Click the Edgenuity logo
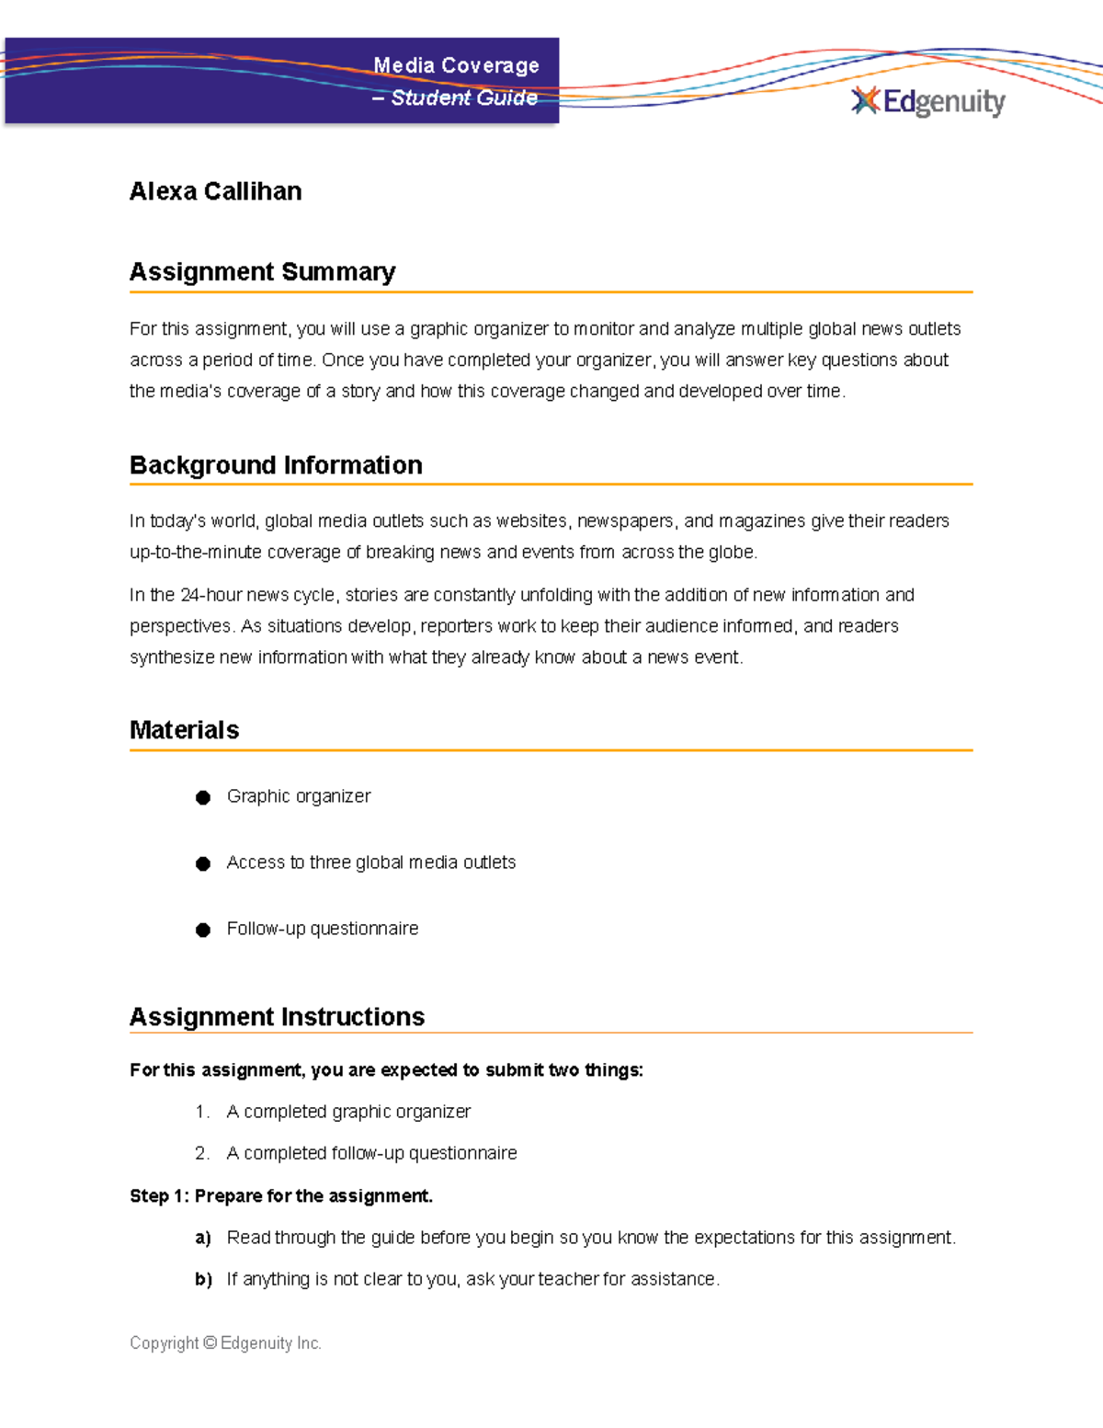point(928,101)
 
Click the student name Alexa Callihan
point(215,191)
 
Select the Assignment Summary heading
point(262,272)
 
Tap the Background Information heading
point(276,465)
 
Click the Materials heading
point(184,730)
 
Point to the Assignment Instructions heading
point(277,1017)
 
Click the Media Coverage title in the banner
point(456,65)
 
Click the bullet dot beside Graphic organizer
point(203,797)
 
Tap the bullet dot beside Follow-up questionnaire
point(203,930)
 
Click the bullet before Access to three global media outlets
point(203,863)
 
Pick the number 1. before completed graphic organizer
point(202,1112)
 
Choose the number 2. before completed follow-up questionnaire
point(202,1153)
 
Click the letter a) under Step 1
point(203,1238)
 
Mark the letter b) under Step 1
point(203,1279)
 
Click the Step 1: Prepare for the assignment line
point(280,1196)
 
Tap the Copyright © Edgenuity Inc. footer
point(225,1343)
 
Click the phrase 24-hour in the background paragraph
point(210,595)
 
